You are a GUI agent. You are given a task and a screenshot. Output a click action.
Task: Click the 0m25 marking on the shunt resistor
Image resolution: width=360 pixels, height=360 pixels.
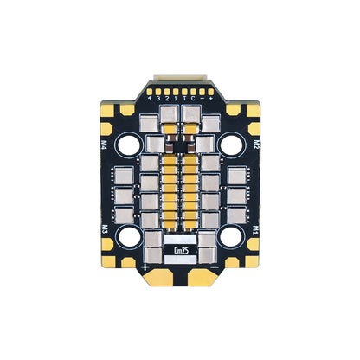[181, 250]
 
